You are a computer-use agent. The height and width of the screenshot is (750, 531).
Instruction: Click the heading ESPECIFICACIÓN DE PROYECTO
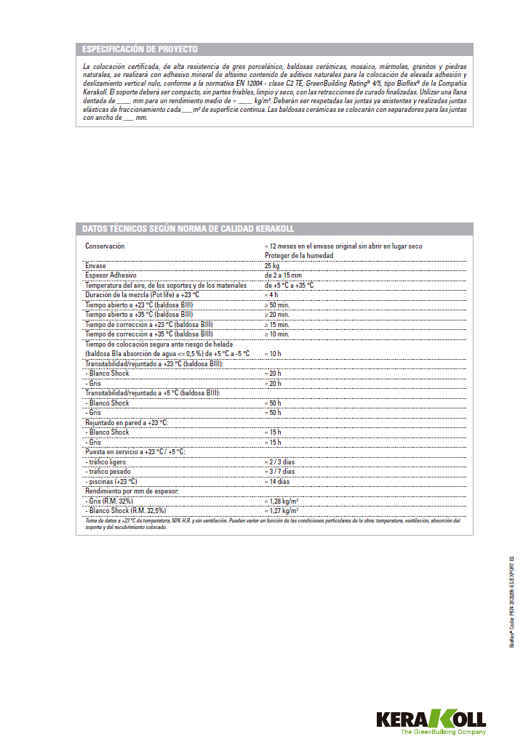point(140,49)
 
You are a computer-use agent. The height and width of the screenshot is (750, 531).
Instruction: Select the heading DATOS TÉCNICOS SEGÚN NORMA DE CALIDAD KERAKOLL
point(188,229)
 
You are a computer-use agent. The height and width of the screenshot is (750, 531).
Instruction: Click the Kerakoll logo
point(431,720)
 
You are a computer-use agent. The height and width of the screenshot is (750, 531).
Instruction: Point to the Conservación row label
point(105,246)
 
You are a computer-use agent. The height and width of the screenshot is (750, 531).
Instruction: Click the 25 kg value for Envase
point(271,266)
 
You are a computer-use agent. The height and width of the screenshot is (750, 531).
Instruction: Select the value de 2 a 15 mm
point(283,275)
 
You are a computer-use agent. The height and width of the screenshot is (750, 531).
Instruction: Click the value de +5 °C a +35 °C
point(290,286)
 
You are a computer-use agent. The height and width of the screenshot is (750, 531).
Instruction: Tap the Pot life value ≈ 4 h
point(271,295)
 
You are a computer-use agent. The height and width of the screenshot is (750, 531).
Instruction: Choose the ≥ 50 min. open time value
point(277,305)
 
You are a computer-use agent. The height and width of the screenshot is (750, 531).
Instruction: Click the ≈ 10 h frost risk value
point(274,353)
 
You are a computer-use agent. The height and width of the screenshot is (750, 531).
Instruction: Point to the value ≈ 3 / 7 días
point(279,471)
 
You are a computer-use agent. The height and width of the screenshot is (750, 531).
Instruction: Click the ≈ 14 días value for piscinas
point(277,481)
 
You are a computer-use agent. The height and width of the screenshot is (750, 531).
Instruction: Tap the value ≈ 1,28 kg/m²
point(282,501)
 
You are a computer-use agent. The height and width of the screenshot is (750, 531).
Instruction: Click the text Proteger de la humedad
point(299,256)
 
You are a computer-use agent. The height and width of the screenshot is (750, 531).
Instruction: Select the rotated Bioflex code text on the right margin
point(512,601)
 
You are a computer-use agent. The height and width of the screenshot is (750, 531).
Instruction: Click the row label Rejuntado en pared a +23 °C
point(127,422)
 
